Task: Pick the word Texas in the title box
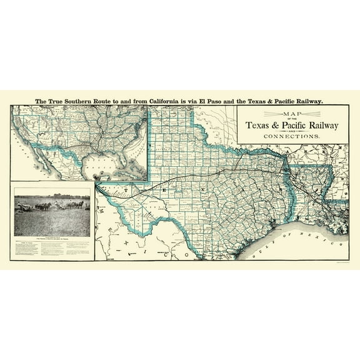click(x=261, y=125)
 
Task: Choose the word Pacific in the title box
click(x=296, y=125)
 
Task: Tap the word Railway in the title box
click(x=325, y=125)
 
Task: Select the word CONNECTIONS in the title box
click(x=292, y=136)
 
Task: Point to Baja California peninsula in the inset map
click(x=29, y=164)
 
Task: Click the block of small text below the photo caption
click(x=52, y=249)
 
